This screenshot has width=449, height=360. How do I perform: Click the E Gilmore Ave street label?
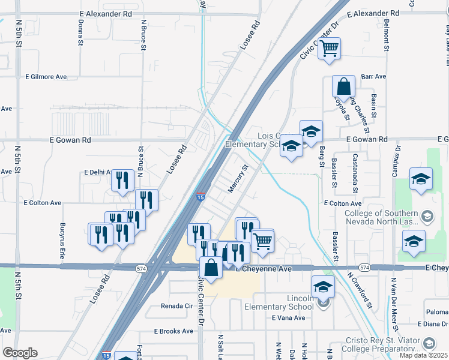click(46, 77)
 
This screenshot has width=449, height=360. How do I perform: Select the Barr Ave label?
click(374, 77)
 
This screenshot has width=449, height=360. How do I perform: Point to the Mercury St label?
click(238, 179)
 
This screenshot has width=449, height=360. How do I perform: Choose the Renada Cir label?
click(176, 305)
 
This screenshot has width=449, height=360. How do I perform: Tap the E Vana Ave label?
click(289, 317)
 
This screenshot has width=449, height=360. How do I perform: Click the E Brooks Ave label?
click(174, 331)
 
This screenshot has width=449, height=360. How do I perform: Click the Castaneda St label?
click(355, 173)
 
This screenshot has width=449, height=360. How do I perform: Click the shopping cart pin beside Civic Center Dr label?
click(328, 48)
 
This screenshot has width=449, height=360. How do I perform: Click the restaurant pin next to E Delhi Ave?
click(122, 179)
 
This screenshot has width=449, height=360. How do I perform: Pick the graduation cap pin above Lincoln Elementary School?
click(323, 286)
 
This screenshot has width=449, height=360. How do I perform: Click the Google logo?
click(20, 353)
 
